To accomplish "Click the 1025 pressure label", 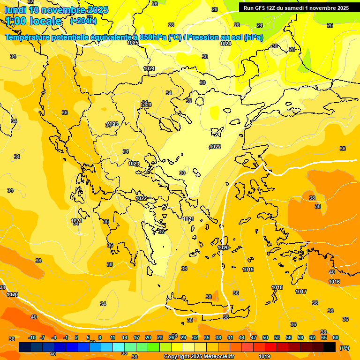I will coord(133,43).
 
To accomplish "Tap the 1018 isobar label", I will coord(277,287).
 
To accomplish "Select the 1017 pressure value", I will coord(301,292).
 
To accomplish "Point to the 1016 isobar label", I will coord(334,282).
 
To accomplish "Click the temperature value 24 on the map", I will coord(260,25).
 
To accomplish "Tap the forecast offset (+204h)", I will coord(83,21).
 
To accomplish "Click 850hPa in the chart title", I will coord(153,37).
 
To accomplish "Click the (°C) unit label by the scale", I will coord(345,348).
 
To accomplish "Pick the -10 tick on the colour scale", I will coord(32,337).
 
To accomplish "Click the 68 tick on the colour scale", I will coord(336,337).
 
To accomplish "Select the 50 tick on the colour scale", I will coord(265,337).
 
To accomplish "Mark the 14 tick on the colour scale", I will coord(125,337).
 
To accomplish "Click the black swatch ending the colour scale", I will coord(330,347).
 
